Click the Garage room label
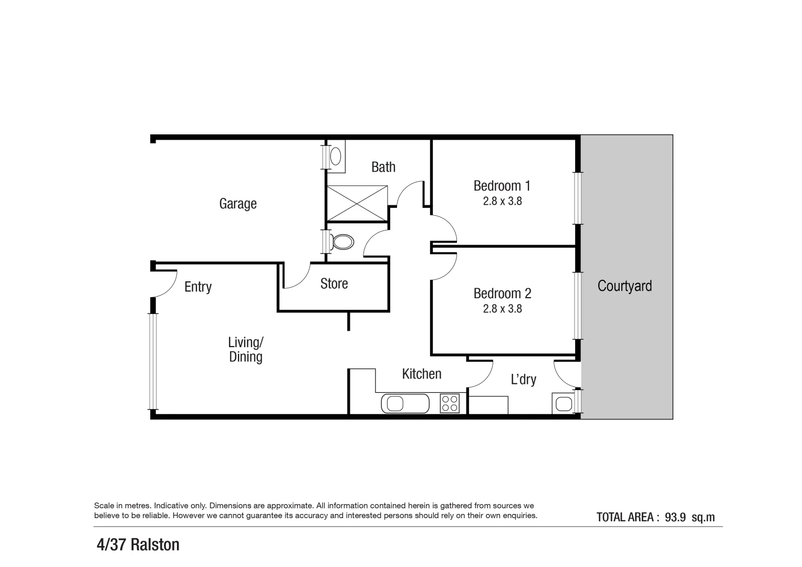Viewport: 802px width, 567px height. tap(238, 204)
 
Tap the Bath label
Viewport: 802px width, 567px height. tap(383, 167)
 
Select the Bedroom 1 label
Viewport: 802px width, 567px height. tap(502, 186)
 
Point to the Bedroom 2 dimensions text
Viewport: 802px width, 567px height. tap(502, 309)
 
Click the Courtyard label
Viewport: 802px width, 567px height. tap(624, 286)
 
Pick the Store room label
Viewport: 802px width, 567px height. tap(334, 283)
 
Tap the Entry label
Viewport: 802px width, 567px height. tap(198, 287)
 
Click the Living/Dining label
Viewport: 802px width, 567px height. tap(246, 350)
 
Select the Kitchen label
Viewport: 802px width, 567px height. tap(421, 374)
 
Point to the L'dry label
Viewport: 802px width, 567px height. tap(523, 379)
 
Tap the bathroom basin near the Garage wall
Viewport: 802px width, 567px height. tap(336, 156)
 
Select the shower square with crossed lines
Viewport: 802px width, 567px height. tap(357, 203)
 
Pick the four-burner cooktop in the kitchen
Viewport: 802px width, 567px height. tap(450, 403)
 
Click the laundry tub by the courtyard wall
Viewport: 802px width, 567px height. tap(563, 404)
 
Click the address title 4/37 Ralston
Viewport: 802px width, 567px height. tap(138, 544)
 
